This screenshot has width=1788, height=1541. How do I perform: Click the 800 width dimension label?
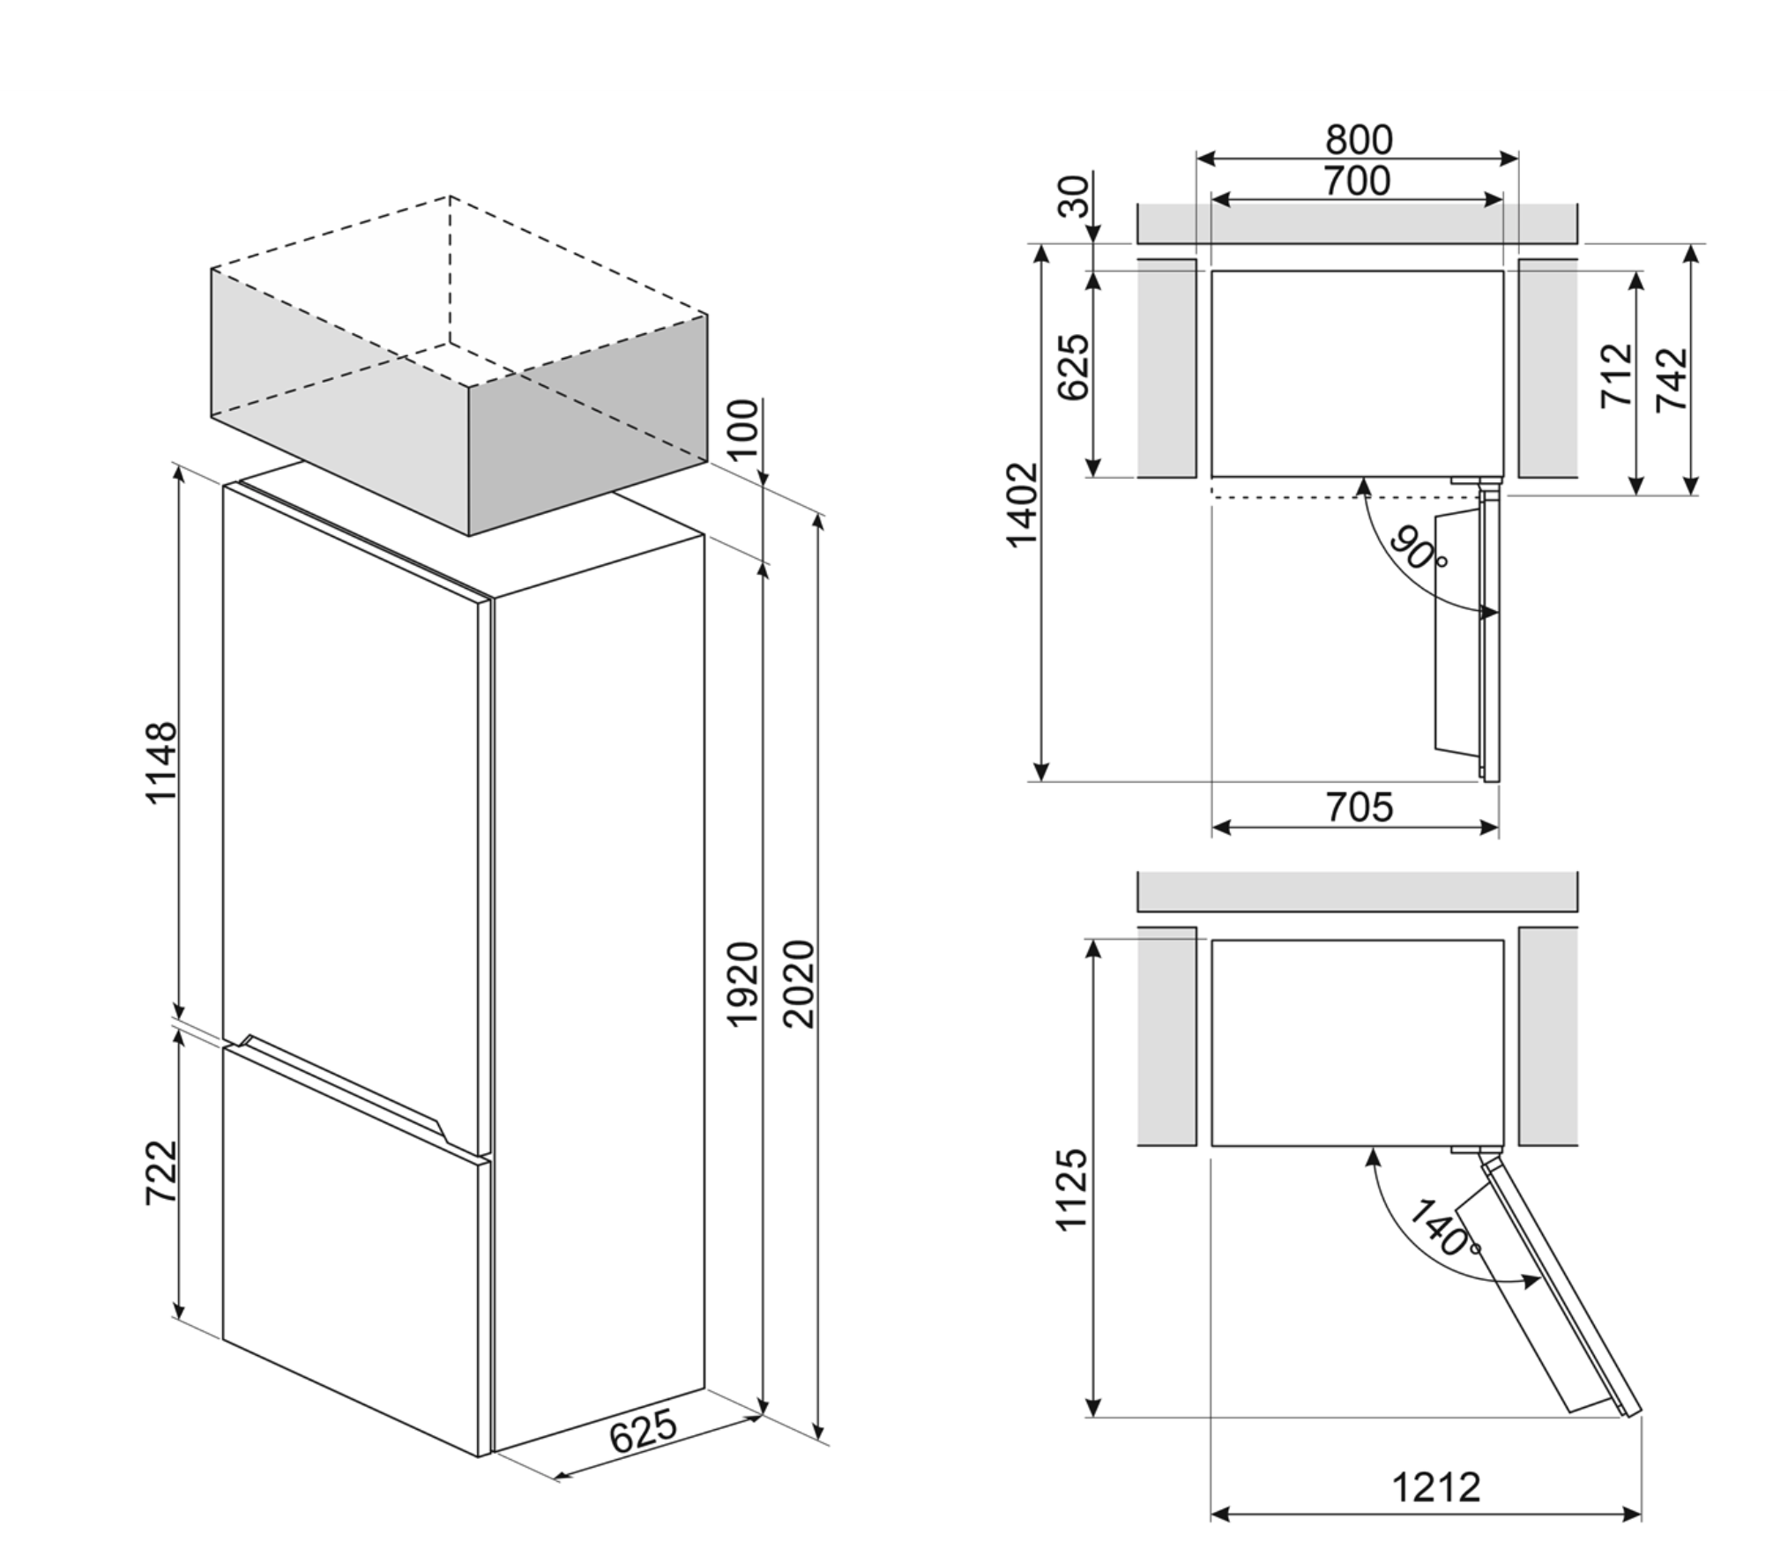pyautogui.click(x=1359, y=140)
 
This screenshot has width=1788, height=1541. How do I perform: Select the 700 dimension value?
pyautogui.click(x=1357, y=182)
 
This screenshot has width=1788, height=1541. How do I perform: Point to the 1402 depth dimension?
pyautogui.click(x=1024, y=505)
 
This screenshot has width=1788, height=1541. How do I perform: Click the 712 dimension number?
pyautogui.click(x=1617, y=376)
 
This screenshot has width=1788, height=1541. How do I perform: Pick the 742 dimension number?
pyautogui.click(x=1672, y=379)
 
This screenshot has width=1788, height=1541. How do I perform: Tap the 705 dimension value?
pyautogui.click(x=1360, y=808)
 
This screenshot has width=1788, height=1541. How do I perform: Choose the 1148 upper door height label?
pyautogui.click(x=162, y=763)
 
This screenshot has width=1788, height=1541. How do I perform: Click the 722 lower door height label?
pyautogui.click(x=162, y=1172)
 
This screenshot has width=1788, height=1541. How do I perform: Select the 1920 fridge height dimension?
pyautogui.click(x=742, y=984)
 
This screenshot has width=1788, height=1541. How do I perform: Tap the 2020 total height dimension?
pyautogui.click(x=799, y=984)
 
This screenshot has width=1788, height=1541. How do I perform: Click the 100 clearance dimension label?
pyautogui.click(x=744, y=429)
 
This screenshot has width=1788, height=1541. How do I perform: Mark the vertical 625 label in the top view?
pyautogui.click(x=1074, y=368)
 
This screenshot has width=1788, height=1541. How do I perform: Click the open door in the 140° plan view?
pyautogui.click(x=1556, y=1296)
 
